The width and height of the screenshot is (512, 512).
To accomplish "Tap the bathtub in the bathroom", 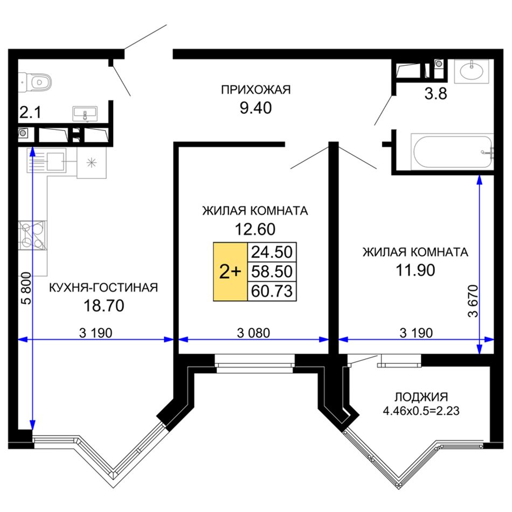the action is (x=453, y=151).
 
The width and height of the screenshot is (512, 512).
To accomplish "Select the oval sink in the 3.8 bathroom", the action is (x=471, y=70).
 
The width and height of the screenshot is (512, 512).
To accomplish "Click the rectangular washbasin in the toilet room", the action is (x=85, y=114).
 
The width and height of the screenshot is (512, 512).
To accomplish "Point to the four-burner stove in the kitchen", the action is (x=32, y=235).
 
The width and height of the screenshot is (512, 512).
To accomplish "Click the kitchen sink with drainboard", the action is (x=46, y=160).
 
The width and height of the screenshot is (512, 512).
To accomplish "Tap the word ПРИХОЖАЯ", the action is (x=255, y=89).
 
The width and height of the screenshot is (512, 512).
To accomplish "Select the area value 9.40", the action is (x=255, y=108).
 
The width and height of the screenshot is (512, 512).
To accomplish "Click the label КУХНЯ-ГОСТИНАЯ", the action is (x=103, y=288).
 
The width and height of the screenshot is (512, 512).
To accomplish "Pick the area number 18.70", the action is (x=104, y=306).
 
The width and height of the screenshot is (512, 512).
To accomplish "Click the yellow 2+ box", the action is (x=230, y=271).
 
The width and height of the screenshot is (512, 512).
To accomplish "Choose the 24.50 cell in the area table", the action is (x=272, y=252).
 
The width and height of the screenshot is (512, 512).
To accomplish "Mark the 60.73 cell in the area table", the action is (x=272, y=291).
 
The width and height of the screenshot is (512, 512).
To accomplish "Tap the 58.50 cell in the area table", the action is (x=272, y=271).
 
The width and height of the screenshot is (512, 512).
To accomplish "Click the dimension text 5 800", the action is (x=27, y=288).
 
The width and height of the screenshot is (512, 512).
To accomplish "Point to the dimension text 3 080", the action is (x=253, y=333).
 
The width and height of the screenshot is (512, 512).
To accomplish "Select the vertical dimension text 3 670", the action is (x=473, y=301).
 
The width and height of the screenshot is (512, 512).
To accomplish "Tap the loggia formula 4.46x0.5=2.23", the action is (x=421, y=411).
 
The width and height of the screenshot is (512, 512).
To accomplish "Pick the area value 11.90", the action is (x=416, y=271).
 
